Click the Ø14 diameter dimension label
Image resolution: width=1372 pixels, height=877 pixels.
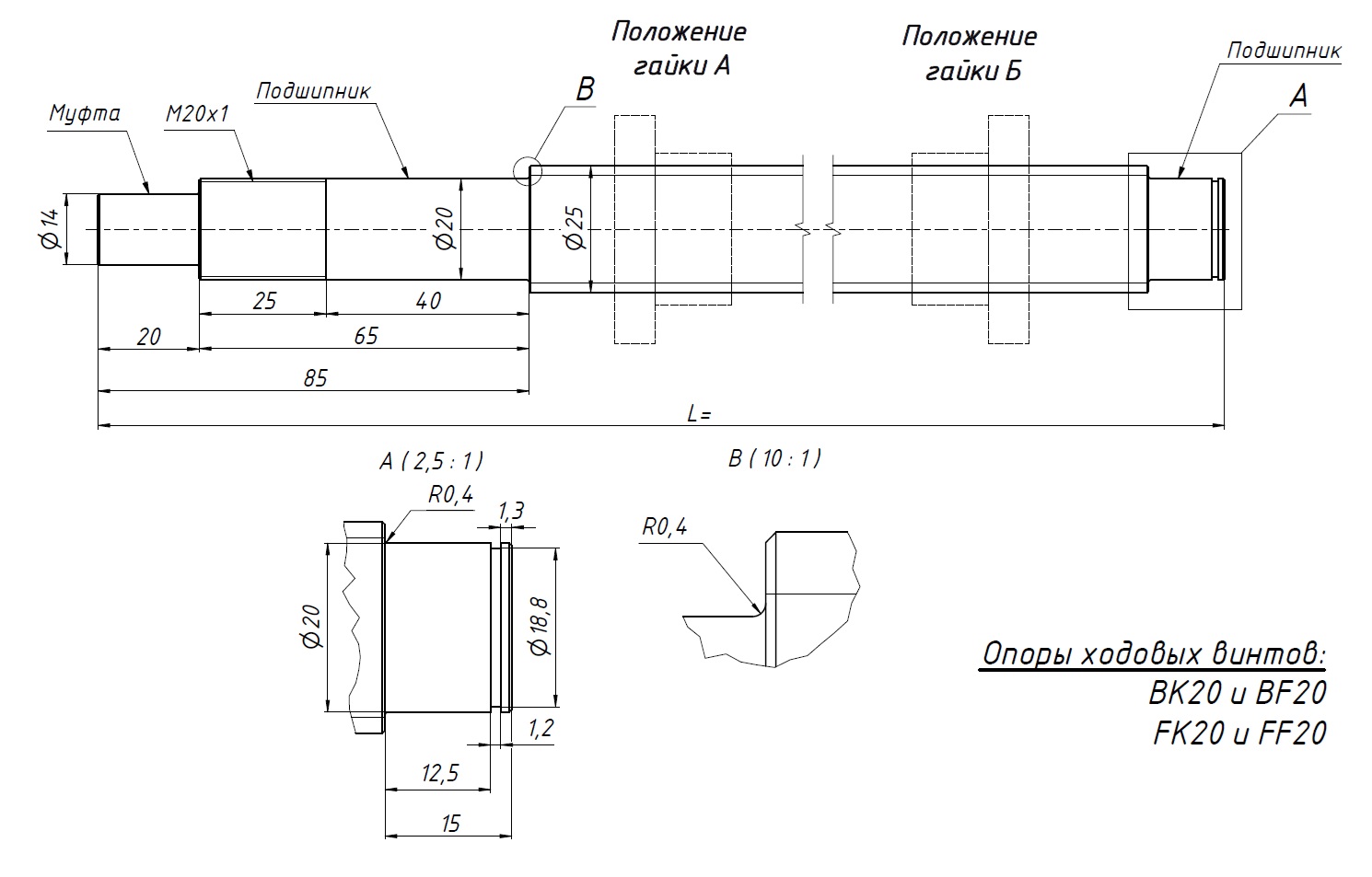coord(50,228)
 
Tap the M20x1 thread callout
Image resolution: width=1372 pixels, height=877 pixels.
coord(196,113)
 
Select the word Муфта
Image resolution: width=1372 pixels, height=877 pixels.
coord(85,113)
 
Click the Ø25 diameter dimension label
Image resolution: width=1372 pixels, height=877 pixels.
coord(574,227)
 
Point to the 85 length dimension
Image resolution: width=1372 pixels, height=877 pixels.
coord(315,378)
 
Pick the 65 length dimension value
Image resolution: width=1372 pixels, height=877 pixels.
coord(366,336)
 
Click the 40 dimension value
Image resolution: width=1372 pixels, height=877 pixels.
coord(428,301)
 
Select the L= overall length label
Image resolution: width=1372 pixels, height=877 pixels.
coord(699,414)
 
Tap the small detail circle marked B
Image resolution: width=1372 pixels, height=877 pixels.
coord(529,170)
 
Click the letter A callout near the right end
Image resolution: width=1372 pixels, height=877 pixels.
coord(1298,96)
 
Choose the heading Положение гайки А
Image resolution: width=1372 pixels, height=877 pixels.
coord(679,49)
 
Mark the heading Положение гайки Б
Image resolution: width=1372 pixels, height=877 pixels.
coord(970,53)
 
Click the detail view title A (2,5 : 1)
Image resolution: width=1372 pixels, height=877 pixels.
coord(431,460)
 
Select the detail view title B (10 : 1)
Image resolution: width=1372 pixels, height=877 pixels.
coord(773,458)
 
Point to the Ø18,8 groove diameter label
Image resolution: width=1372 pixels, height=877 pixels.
coord(540,627)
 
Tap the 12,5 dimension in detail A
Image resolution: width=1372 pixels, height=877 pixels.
coord(439,773)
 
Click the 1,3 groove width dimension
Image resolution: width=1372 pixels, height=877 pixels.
coord(511,511)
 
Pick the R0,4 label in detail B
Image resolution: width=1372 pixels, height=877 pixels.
coord(664,527)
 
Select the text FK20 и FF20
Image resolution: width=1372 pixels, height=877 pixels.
coord(1239,733)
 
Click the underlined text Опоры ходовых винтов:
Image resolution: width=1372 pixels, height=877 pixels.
coord(1155,654)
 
